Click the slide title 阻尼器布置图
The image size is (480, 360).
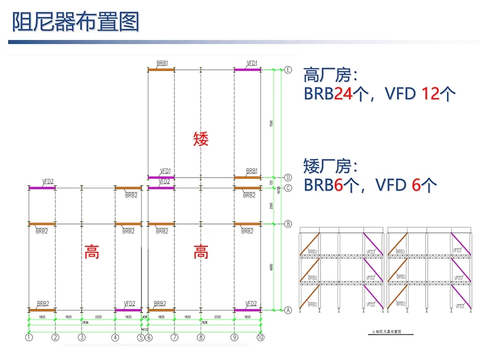pos(75,22)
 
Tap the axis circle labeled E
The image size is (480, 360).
pos(288,70)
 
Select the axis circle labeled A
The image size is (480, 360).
pos(288,310)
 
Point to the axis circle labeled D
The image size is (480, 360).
pos(288,178)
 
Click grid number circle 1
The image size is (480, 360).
pos(29,337)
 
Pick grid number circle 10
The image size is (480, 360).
pos(260,337)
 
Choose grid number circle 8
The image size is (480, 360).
pos(201,337)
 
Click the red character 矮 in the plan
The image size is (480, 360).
pos(201,139)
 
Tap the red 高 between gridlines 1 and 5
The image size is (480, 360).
pos(92,252)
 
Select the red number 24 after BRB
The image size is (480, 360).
pos(343,94)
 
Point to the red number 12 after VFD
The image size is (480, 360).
pos(431,94)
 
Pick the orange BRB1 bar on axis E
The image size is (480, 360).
pos(161,69)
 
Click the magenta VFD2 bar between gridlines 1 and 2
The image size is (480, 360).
pos(42,188)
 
